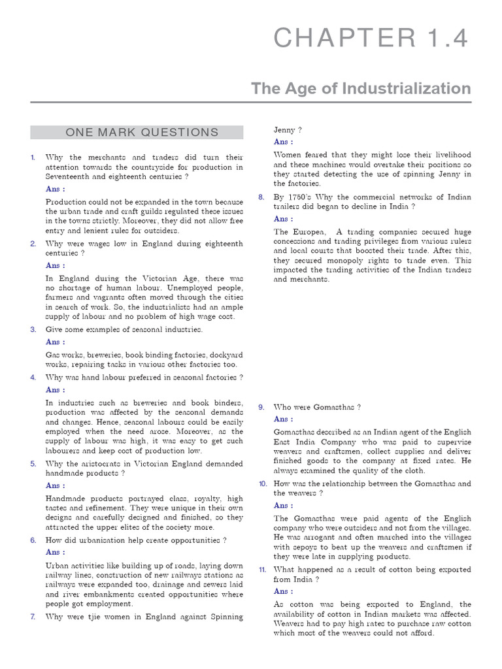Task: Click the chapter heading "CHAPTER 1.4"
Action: (x=371, y=39)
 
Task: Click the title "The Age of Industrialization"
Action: (x=361, y=89)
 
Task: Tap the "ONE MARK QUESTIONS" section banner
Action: (x=142, y=133)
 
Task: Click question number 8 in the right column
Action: (x=261, y=197)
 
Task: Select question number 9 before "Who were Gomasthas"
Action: (x=261, y=407)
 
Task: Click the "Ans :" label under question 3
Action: (x=55, y=342)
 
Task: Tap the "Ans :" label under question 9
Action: (x=283, y=419)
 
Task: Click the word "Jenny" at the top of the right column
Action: (x=284, y=129)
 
